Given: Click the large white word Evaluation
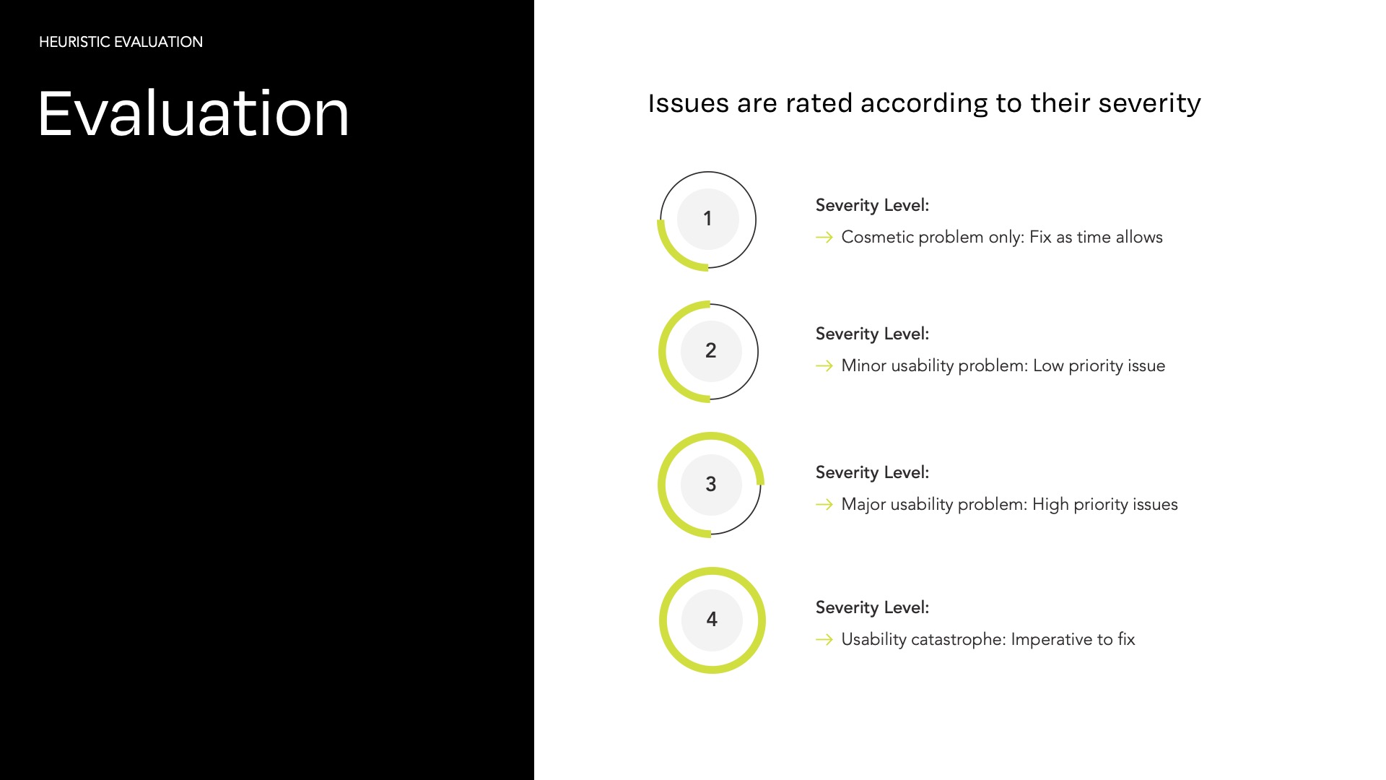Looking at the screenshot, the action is pyautogui.click(x=193, y=113).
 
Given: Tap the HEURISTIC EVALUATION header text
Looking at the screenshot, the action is pyautogui.click(x=121, y=42).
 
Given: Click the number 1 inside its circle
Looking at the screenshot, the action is pyautogui.click(x=707, y=218).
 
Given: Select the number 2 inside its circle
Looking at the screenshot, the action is pyautogui.click(x=711, y=350).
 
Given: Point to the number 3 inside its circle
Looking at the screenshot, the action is pyautogui.click(x=711, y=484).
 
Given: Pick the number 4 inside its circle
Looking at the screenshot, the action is pyautogui.click(x=712, y=619).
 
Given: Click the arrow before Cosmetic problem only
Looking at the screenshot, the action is pyautogui.click(x=824, y=237).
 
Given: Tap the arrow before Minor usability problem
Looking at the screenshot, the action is pyautogui.click(x=824, y=365).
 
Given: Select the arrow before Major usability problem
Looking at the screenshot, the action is pyautogui.click(x=824, y=504).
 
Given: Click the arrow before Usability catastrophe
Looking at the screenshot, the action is pyautogui.click(x=824, y=639).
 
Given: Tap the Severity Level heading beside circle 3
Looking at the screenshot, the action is pyautogui.click(x=872, y=472).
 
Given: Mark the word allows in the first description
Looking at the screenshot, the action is pyautogui.click(x=1139, y=237).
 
